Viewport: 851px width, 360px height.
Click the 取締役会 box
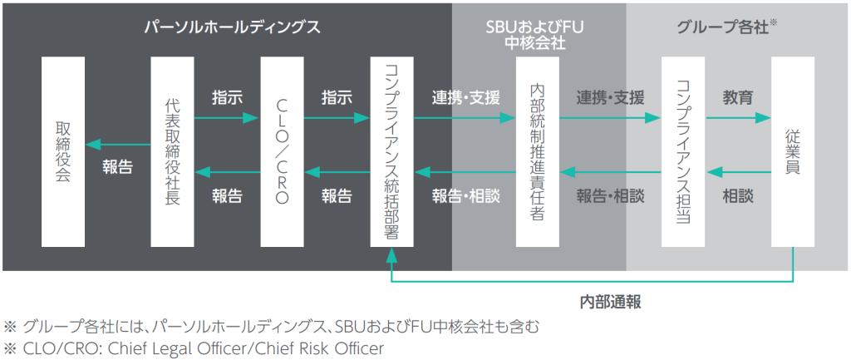pos(63,151)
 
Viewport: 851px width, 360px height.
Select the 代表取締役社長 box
pos(173,151)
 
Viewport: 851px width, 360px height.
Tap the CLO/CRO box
pos(282,151)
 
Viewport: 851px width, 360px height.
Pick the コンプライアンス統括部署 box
pos(391,151)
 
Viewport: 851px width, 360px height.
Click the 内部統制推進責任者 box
pos(537,151)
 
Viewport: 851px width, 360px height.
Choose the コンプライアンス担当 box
pos(683,151)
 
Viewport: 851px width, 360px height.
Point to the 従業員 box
pos(793,151)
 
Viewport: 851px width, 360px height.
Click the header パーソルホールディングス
pos(230,27)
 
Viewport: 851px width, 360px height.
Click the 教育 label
pos(738,97)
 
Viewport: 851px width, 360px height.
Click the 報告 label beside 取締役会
pos(118,166)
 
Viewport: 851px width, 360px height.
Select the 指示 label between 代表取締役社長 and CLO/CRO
pos(227,97)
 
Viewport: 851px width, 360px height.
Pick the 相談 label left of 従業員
pos(738,196)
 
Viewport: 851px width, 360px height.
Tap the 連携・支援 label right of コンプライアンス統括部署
pos(465,97)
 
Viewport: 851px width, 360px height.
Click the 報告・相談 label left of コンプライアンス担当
pos(610,196)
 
